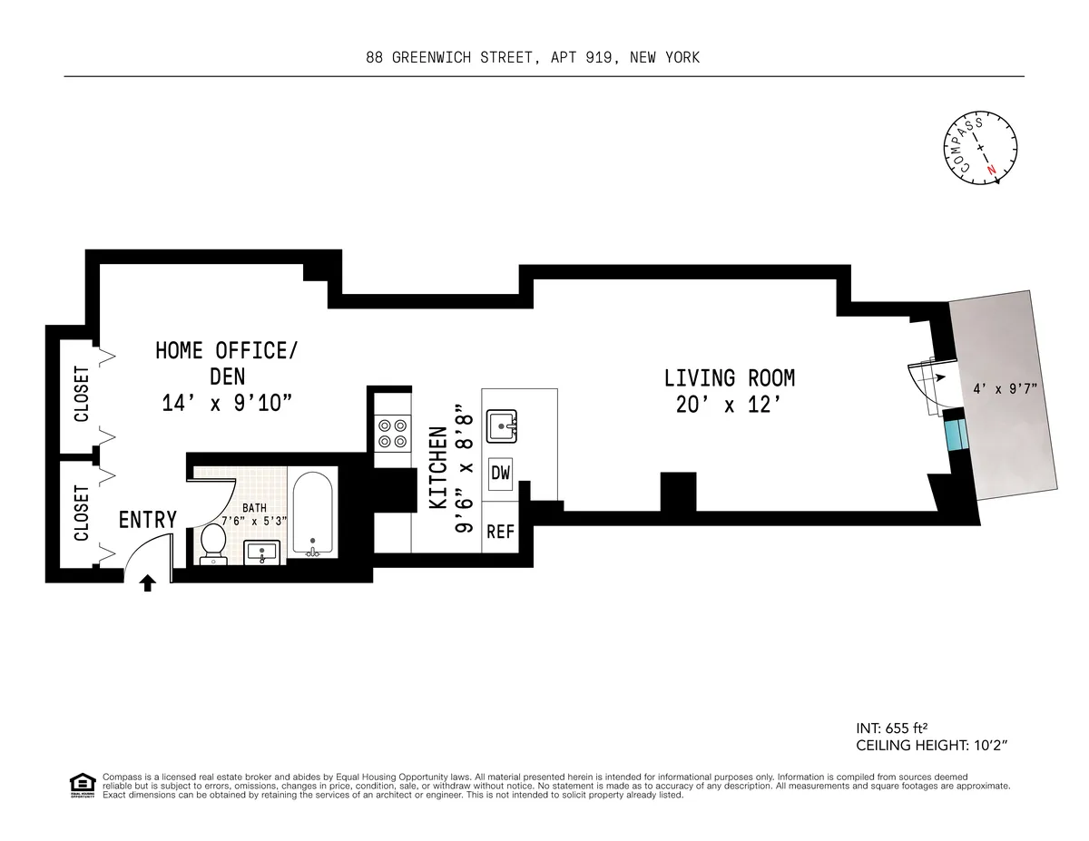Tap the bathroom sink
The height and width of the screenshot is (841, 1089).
click(x=265, y=551)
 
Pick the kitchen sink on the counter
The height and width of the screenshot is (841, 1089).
click(x=502, y=425)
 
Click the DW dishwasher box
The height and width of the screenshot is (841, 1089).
click(x=501, y=473)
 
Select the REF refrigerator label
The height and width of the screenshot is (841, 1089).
click(x=500, y=532)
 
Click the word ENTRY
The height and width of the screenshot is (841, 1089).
click(x=147, y=520)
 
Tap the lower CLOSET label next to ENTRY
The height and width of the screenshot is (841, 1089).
click(x=81, y=513)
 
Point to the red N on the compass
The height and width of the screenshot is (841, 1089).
click(x=992, y=170)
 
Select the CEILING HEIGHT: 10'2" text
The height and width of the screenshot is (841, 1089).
click(x=932, y=746)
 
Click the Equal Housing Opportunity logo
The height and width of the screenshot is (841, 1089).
click(x=82, y=786)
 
